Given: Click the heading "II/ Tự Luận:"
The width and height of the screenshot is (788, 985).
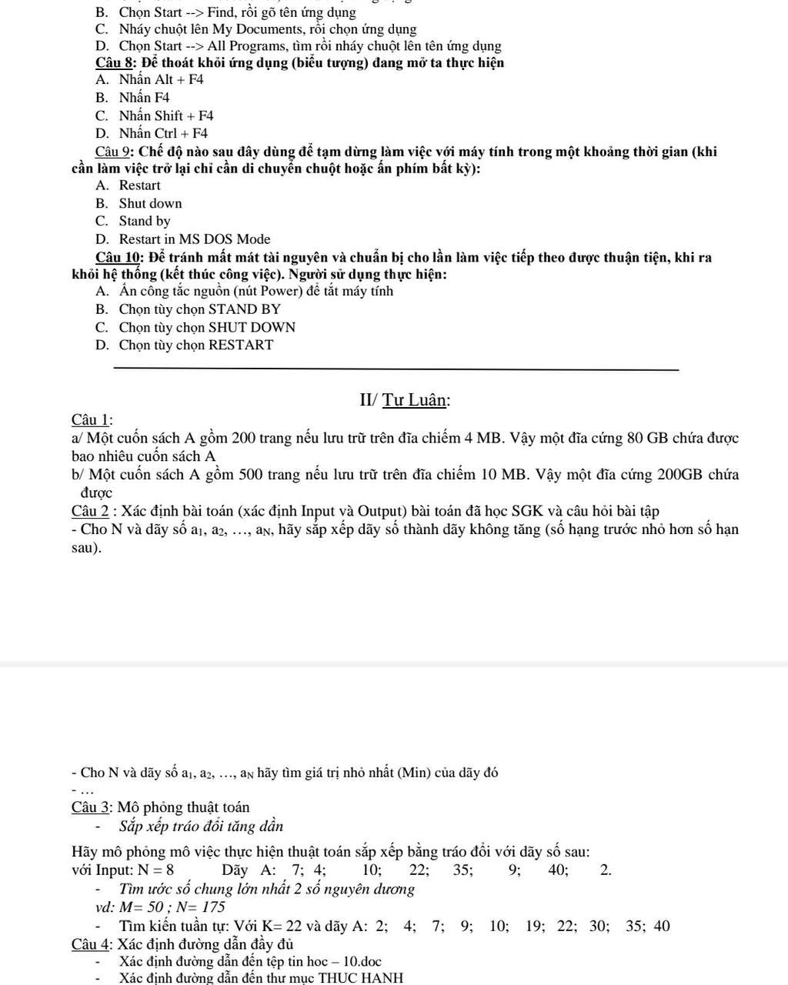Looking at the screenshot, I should click(x=405, y=399).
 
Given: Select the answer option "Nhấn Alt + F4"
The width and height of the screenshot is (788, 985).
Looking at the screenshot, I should click(x=161, y=79).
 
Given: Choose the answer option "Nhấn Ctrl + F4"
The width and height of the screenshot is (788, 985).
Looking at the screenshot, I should click(x=163, y=133).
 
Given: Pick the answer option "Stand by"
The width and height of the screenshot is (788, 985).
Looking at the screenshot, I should click(x=145, y=221).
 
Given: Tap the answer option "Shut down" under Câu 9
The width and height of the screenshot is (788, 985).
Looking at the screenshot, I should click(x=150, y=203).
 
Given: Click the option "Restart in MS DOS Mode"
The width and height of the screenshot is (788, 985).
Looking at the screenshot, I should click(x=195, y=239).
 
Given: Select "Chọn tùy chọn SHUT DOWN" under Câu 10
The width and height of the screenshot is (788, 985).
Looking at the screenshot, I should click(x=207, y=327).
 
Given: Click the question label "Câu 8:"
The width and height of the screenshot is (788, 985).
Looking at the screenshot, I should click(x=116, y=62).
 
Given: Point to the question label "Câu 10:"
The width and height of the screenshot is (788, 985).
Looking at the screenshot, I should click(x=120, y=257).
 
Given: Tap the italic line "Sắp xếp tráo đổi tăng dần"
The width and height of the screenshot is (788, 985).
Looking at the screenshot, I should click(x=202, y=827).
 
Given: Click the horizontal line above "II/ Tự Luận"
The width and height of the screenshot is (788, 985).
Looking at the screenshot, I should click(x=396, y=369).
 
